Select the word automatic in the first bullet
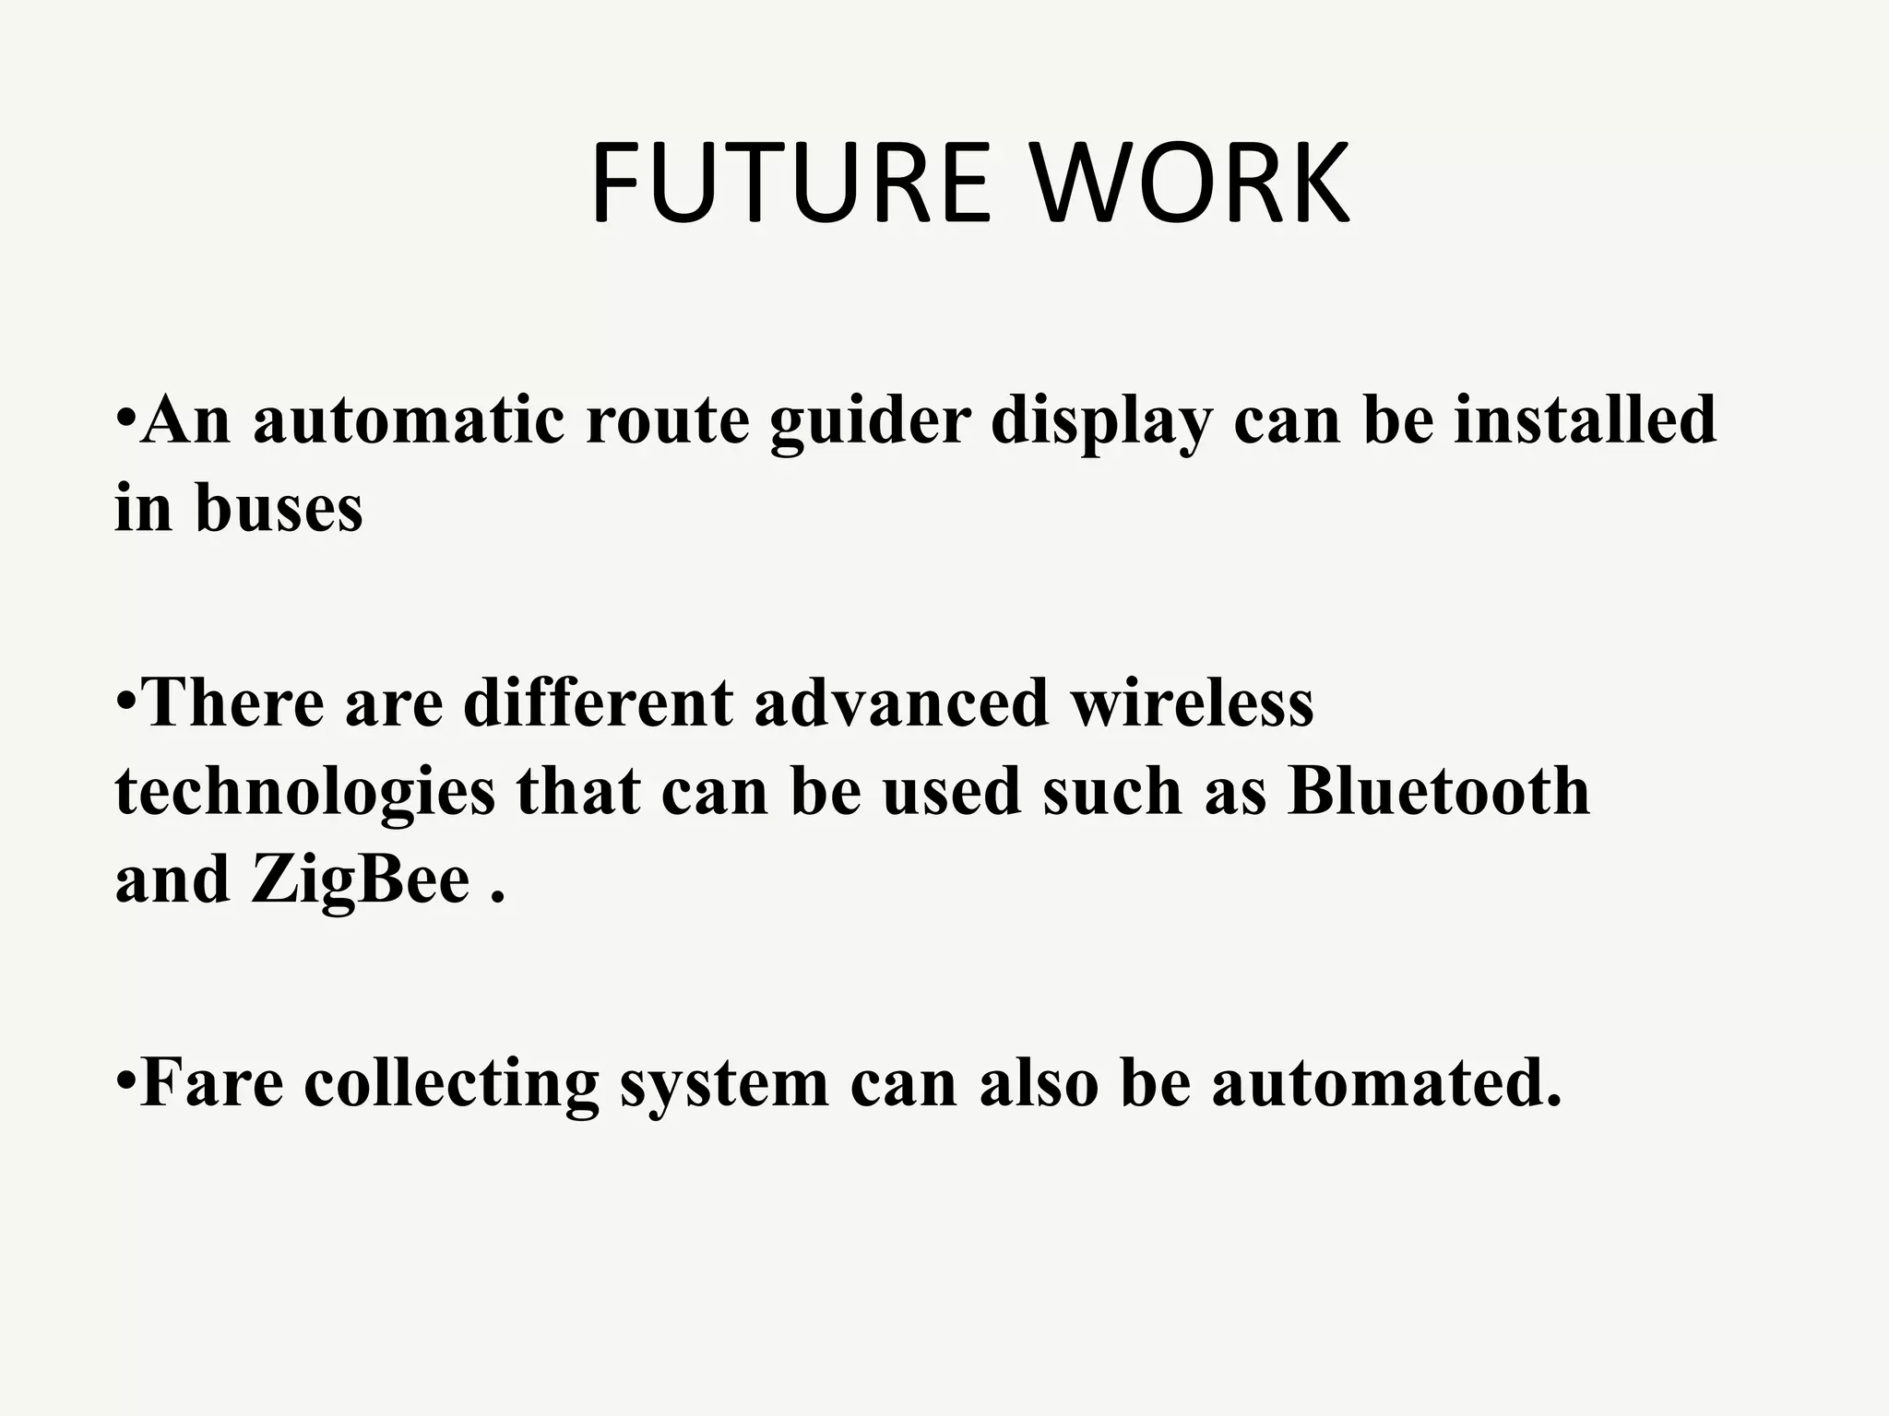(409, 420)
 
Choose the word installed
(1585, 420)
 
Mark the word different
(598, 703)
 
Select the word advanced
(901, 703)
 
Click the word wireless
(1192, 703)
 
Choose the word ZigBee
(361, 881)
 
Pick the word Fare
(212, 1082)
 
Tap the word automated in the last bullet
(1386, 1082)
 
